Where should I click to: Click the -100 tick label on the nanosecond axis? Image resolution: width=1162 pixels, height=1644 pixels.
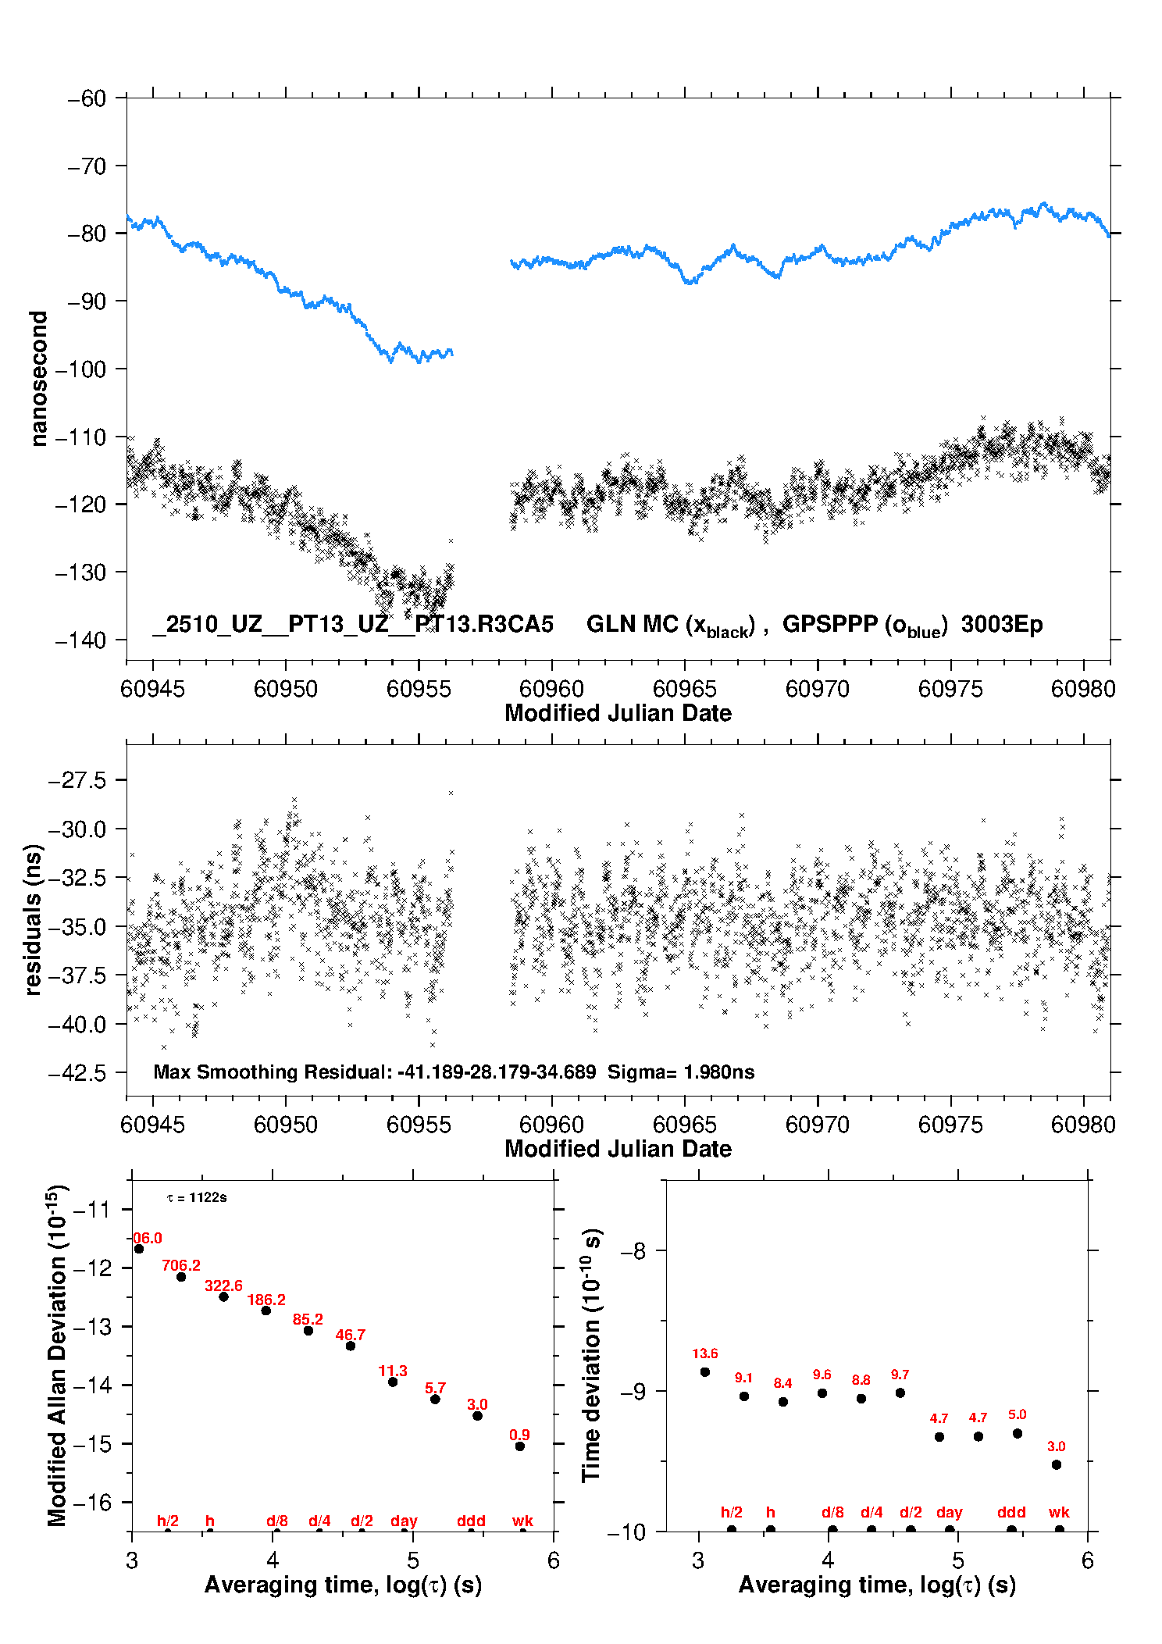pyautogui.click(x=81, y=369)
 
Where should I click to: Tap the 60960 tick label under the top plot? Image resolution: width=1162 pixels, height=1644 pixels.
pyautogui.click(x=551, y=689)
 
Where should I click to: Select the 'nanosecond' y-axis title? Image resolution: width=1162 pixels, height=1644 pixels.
pyautogui.click(x=38, y=378)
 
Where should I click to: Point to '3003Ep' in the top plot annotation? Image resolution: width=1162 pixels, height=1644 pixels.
pyautogui.click(x=1002, y=624)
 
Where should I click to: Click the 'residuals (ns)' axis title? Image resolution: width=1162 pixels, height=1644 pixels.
pyautogui.click(x=33, y=919)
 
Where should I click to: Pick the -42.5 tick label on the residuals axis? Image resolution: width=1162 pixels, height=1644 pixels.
pyautogui.click(x=77, y=1073)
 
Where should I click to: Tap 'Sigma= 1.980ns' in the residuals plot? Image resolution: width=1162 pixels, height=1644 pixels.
pyautogui.click(x=681, y=1072)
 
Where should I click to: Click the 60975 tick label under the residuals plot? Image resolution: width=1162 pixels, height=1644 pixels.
pyautogui.click(x=950, y=1125)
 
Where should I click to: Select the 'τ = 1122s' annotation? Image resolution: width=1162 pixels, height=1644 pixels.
pyautogui.click(x=197, y=1197)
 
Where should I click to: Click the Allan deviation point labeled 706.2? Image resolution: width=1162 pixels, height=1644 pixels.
pyautogui.click(x=181, y=1277)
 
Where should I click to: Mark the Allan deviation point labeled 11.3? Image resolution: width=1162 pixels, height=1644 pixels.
pyautogui.click(x=393, y=1382)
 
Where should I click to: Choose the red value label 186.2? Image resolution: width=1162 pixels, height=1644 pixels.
pyautogui.click(x=266, y=1300)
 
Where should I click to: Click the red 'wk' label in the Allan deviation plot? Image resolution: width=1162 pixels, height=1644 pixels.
pyautogui.click(x=522, y=1521)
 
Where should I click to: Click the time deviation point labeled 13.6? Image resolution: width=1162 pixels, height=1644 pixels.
pyautogui.click(x=705, y=1372)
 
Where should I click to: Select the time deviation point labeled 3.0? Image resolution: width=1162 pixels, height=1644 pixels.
pyautogui.click(x=1057, y=1464)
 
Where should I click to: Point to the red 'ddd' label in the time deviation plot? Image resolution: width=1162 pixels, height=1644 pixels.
pyautogui.click(x=1011, y=1512)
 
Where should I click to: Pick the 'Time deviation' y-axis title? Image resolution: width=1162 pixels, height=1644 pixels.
pyautogui.click(x=591, y=1355)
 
